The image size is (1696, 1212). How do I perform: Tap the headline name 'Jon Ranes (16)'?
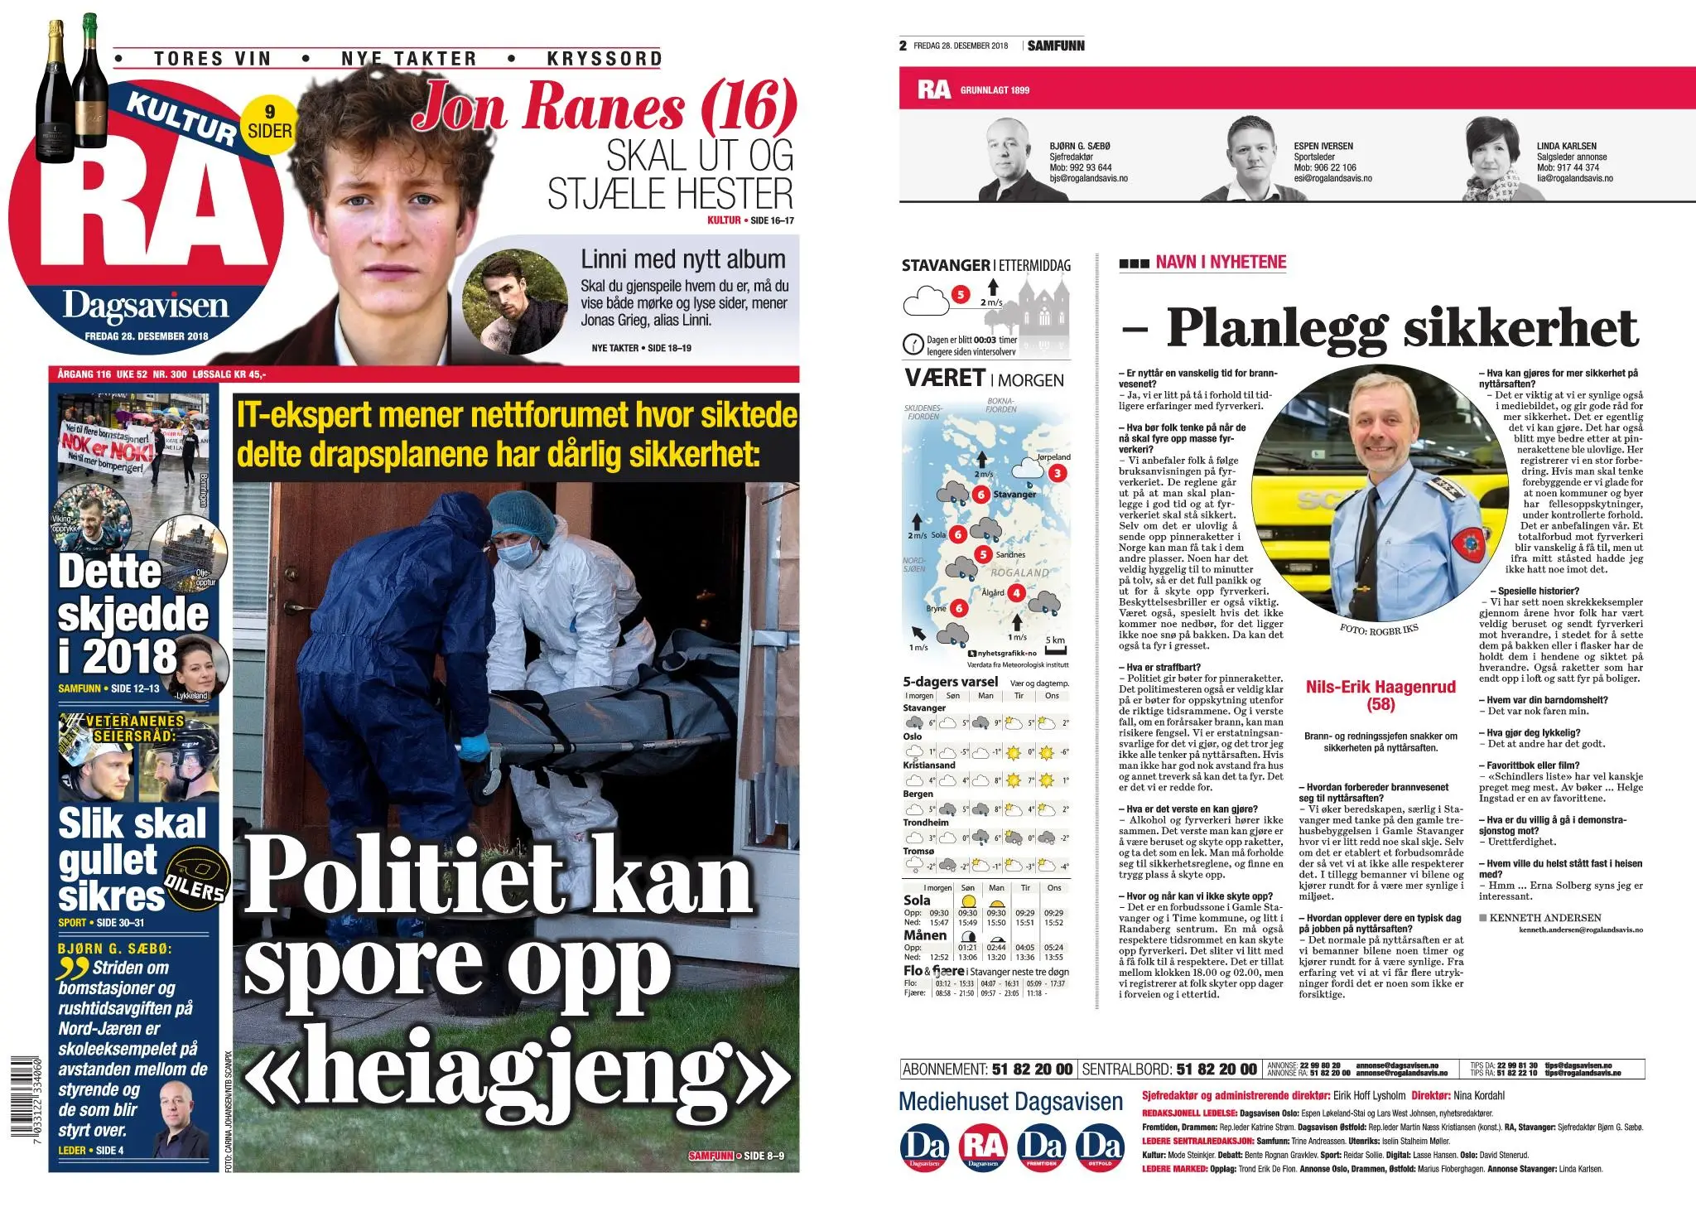(x=605, y=107)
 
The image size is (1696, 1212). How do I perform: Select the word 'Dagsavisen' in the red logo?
(x=146, y=307)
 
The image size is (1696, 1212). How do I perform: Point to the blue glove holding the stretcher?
(x=475, y=747)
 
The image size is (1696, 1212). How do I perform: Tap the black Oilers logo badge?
(x=195, y=878)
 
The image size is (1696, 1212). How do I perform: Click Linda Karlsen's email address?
(x=1574, y=178)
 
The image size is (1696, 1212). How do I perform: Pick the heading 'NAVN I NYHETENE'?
(x=1221, y=263)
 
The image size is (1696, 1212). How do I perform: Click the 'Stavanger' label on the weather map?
(x=1014, y=495)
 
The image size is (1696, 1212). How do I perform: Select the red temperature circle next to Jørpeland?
(x=1058, y=474)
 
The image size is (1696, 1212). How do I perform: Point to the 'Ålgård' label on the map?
(x=992, y=592)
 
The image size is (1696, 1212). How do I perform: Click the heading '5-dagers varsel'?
(x=950, y=682)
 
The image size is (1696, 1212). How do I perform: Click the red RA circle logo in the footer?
(x=982, y=1148)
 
